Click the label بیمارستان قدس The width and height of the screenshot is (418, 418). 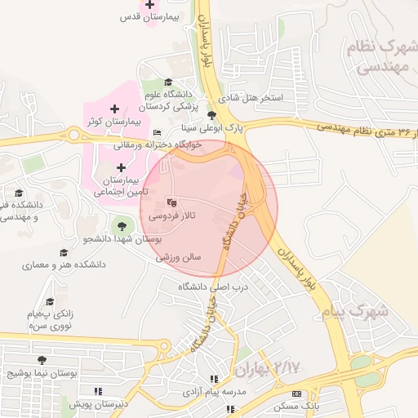pyautogui.click(x=149, y=16)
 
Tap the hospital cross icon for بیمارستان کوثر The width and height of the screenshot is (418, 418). pyautogui.click(x=114, y=109)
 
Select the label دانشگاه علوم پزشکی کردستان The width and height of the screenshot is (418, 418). pyautogui.click(x=168, y=100)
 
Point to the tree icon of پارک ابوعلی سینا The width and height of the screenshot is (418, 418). pyautogui.click(x=212, y=115)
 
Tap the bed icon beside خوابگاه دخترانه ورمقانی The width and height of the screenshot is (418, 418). pyautogui.click(x=158, y=133)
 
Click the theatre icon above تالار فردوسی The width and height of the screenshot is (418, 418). pyautogui.click(x=171, y=202)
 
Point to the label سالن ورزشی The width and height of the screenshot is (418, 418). pyautogui.click(x=190, y=256)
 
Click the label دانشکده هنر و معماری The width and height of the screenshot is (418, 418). pyautogui.click(x=64, y=266)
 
